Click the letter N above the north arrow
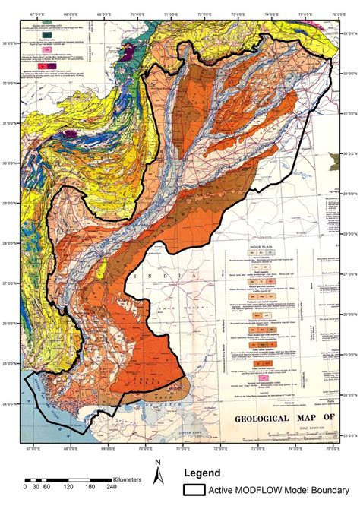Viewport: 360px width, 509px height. coord(157,462)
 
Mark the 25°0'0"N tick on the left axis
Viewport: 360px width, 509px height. coord(11,363)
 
